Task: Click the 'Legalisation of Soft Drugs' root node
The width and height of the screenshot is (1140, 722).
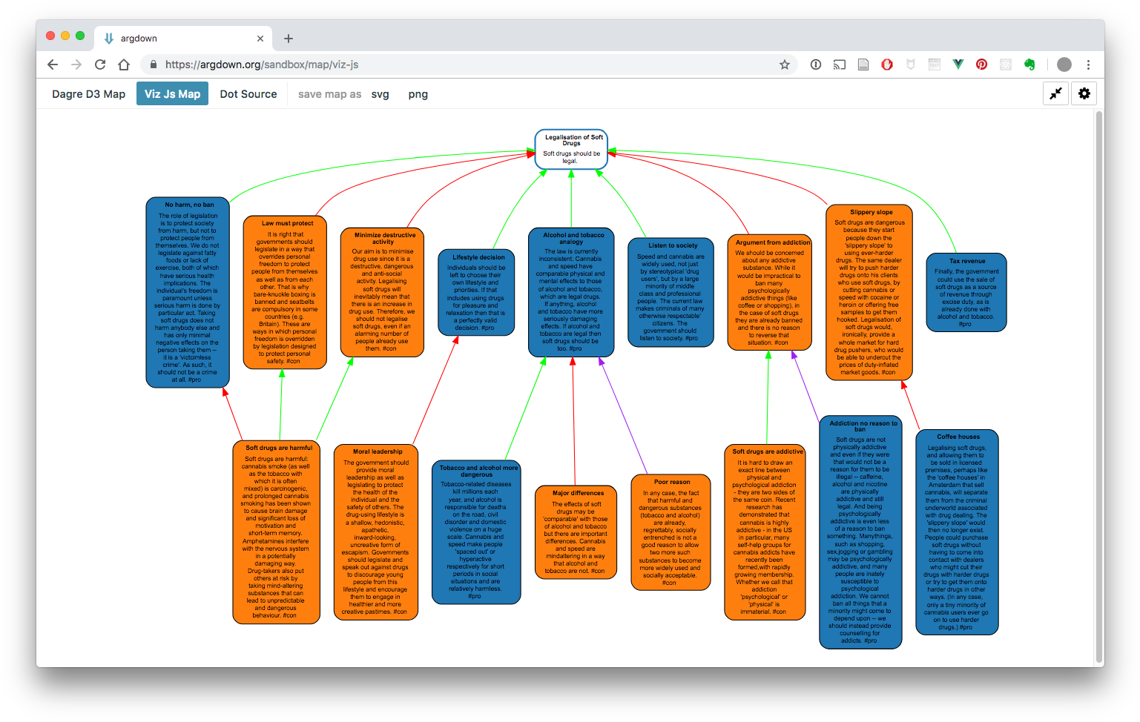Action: (571, 149)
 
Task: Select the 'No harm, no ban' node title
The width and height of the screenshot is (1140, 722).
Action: (189, 205)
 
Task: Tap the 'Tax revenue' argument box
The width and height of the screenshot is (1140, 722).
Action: (966, 292)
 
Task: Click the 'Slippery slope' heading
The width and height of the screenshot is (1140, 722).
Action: (871, 212)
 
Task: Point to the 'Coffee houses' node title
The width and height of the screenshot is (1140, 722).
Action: (958, 437)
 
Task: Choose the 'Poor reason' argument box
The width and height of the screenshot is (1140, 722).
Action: (671, 533)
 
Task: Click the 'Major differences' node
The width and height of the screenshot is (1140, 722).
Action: (575, 532)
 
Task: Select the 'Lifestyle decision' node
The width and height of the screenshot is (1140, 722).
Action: (476, 292)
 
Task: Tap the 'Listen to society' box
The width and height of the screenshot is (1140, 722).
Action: (671, 292)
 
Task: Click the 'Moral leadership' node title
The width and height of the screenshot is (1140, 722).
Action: (378, 451)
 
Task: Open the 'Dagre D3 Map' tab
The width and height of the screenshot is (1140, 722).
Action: (88, 94)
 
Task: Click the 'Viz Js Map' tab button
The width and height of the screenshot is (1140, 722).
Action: (172, 94)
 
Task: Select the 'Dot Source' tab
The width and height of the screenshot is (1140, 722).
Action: (248, 94)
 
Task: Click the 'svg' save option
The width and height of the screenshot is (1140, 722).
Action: (380, 94)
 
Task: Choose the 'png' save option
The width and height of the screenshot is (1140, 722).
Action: (418, 94)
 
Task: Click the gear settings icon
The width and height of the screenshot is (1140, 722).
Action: (1084, 93)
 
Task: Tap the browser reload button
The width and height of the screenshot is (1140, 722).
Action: (100, 64)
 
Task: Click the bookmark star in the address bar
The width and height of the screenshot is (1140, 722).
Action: (785, 64)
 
